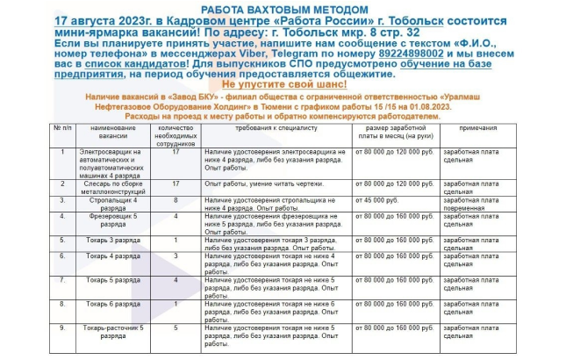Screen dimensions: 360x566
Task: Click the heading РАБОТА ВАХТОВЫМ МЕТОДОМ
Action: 282,8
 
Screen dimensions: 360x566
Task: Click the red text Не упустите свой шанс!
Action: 282,83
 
